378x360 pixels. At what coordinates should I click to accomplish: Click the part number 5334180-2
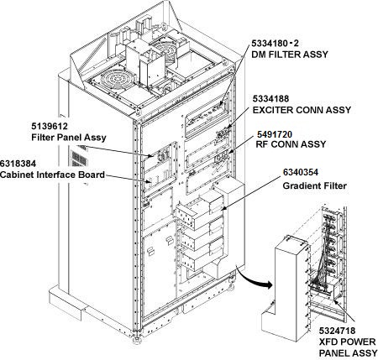tap(275, 44)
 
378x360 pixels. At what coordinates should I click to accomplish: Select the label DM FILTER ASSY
tap(290, 55)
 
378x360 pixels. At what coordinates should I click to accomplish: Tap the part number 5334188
tap(270, 99)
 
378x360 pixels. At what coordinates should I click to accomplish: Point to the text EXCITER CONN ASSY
tap(302, 110)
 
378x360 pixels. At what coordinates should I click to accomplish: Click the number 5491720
tap(275, 134)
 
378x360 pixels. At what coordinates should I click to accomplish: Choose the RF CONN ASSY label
tap(291, 144)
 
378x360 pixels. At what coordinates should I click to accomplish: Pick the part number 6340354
tap(301, 172)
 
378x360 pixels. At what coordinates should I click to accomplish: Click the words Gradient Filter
tap(315, 185)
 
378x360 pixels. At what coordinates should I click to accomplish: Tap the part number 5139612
tap(50, 127)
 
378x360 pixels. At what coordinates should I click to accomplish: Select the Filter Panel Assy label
tap(69, 138)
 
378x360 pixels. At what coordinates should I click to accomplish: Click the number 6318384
tap(18, 164)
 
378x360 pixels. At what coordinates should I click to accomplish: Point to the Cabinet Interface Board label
tap(52, 175)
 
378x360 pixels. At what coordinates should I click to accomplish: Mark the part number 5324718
tap(337, 331)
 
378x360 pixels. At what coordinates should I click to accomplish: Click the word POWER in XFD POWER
tap(359, 342)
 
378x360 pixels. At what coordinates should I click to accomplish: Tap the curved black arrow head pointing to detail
tap(268, 285)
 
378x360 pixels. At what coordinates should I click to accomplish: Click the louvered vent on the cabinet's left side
tap(79, 158)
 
